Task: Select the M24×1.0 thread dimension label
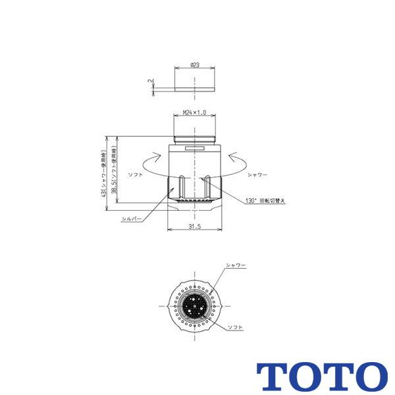(x=195, y=113)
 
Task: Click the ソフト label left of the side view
(x=137, y=174)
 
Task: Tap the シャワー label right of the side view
(x=257, y=174)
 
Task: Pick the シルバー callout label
(x=131, y=217)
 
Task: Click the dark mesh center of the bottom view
(x=195, y=307)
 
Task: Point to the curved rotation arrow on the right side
(x=237, y=161)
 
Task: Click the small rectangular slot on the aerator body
(x=195, y=149)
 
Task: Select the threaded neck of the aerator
(x=195, y=138)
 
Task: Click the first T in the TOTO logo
(x=271, y=375)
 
